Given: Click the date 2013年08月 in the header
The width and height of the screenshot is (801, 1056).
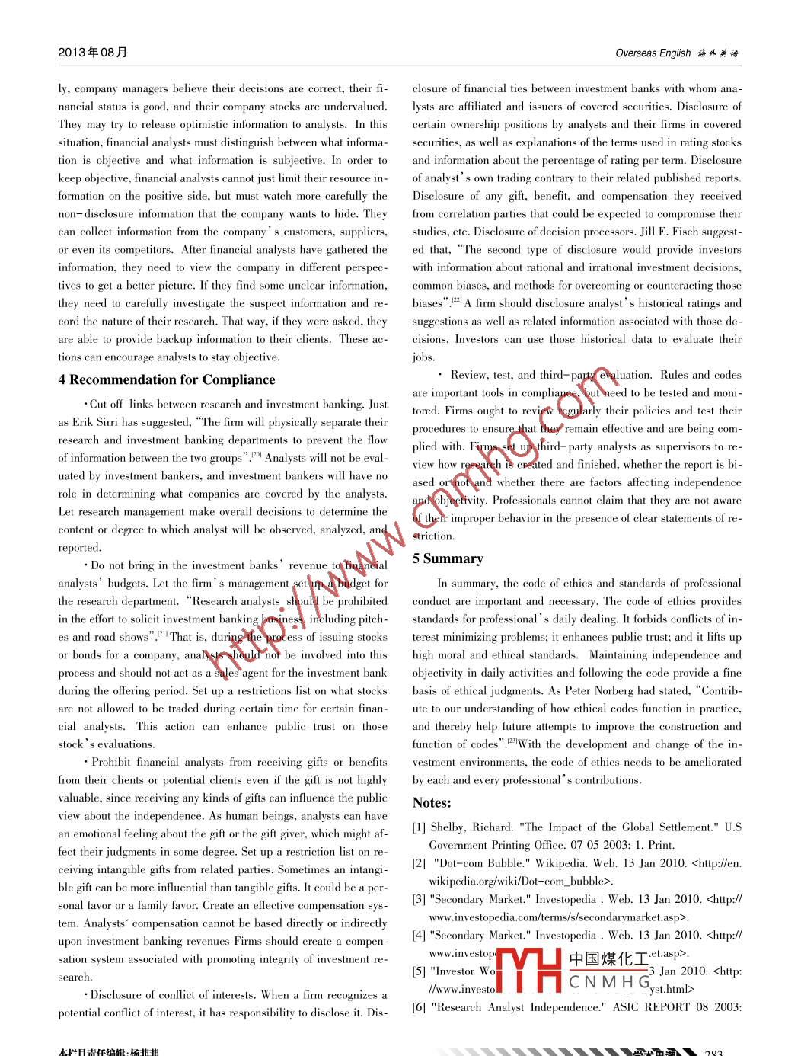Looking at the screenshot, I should click(93, 53).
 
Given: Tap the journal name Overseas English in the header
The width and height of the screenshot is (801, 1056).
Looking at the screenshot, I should click(653, 53).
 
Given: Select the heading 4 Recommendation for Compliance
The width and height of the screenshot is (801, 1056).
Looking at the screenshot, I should click(167, 379).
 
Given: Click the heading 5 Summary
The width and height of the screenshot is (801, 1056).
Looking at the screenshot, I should click(448, 558).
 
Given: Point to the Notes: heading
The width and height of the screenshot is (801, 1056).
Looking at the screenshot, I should click(432, 802).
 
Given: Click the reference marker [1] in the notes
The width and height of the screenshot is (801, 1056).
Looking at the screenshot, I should click(419, 827).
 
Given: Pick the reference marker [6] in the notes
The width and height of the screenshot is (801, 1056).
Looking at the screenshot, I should click(419, 1007).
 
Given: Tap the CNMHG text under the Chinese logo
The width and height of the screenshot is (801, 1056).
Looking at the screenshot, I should click(609, 982).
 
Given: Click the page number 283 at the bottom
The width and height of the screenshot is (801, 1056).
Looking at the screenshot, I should click(713, 1052).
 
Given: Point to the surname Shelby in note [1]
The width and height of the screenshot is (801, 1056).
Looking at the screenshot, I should click(448, 827).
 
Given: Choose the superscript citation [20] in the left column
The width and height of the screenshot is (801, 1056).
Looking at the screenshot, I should click(257, 455).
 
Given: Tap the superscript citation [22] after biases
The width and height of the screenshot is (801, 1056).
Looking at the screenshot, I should click(457, 300).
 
